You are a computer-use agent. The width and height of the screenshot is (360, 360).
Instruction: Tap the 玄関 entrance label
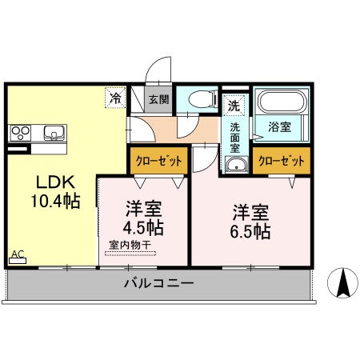[x=158, y=100]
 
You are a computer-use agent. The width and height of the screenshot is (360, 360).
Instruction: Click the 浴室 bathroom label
[x=279, y=126]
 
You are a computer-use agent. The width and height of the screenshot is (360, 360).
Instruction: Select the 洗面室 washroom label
[x=235, y=135]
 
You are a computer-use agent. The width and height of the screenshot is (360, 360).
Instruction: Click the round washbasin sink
[x=236, y=165]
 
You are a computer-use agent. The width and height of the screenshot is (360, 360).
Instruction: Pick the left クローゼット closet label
[x=158, y=161]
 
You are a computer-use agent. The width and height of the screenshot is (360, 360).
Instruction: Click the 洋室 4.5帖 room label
[x=144, y=218]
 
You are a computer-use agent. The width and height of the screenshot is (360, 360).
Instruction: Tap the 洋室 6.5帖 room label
[x=250, y=222]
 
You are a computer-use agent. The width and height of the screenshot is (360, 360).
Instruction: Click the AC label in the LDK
[x=18, y=255]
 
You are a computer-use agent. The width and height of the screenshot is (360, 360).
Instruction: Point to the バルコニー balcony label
[x=158, y=284]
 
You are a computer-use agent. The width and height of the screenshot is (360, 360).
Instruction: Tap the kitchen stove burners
[x=20, y=132]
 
